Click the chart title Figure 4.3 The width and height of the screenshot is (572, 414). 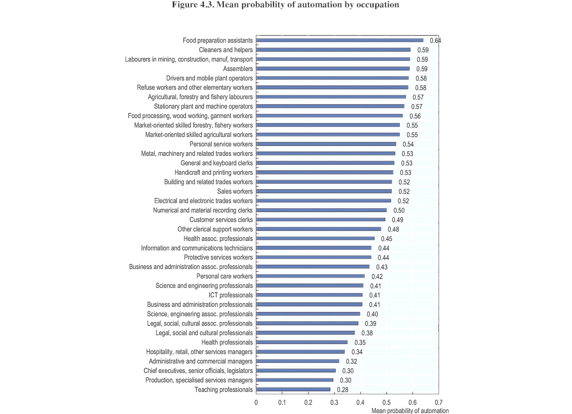(x=285, y=5)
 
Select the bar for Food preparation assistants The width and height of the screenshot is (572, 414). (x=340, y=40)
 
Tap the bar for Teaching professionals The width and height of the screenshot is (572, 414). (x=293, y=389)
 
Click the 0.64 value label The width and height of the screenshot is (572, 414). (x=436, y=41)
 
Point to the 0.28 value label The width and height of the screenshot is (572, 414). (x=343, y=390)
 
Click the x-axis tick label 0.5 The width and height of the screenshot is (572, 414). (x=386, y=403)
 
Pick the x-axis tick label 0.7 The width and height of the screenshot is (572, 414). (x=438, y=403)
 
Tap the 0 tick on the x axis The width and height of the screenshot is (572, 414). (x=256, y=403)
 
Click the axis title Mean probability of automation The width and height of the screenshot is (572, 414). (x=410, y=411)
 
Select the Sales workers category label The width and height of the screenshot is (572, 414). (x=235, y=191)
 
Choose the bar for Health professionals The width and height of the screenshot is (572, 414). (x=302, y=342)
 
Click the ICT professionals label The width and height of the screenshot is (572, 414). (x=231, y=295)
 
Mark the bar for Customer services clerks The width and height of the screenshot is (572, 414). (x=321, y=220)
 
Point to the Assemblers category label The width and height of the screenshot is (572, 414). (x=238, y=69)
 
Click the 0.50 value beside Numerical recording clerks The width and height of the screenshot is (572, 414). (x=399, y=210)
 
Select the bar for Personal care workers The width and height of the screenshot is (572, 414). (x=310, y=276)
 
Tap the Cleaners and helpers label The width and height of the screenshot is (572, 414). (x=226, y=50)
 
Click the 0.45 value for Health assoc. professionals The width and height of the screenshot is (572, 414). (x=386, y=239)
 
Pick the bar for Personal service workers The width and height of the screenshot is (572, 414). (x=326, y=144)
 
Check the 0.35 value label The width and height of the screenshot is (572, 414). (x=360, y=343)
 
